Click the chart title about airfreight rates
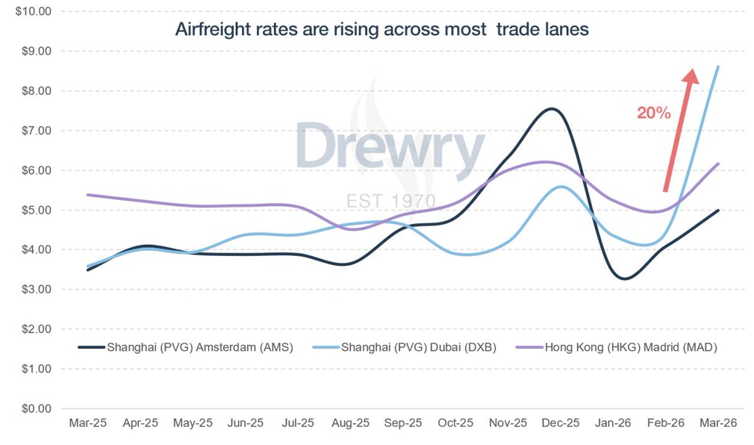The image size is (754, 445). tap(381, 30)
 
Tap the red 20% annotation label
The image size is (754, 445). tap(653, 113)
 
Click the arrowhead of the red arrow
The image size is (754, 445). tap(691, 75)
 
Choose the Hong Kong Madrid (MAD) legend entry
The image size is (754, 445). tap(630, 346)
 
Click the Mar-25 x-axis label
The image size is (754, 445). tap(87, 424)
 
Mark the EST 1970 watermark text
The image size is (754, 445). tap(391, 201)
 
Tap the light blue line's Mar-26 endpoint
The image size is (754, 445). tap(718, 67)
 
